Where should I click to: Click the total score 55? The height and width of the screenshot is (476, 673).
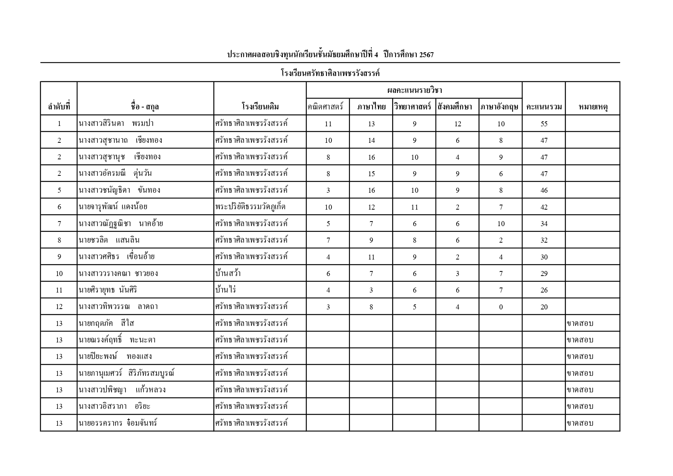coord(544,124)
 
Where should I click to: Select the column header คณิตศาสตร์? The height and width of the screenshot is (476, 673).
coord(325,107)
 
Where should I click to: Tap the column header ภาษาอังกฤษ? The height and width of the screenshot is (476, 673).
coord(500,107)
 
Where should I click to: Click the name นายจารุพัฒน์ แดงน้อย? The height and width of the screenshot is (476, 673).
coord(113,207)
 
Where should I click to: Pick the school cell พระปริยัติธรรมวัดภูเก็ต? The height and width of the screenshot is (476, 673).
coord(250,207)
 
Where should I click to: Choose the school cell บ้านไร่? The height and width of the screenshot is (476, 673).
coord(226,290)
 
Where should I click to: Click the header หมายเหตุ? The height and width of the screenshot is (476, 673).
coord(592,107)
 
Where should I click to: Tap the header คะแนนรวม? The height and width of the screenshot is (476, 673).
coord(544,107)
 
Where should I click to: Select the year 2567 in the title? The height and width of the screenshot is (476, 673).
coord(427,55)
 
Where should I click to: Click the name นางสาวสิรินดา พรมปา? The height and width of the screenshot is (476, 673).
coord(116,124)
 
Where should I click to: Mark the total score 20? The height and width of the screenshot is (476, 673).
coord(544,307)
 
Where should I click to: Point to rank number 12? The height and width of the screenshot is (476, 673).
coord(59,307)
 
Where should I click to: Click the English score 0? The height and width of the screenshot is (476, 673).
coord(501,307)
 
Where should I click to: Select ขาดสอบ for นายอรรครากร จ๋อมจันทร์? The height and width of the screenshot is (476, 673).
coord(580,423)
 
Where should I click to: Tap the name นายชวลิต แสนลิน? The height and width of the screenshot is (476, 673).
coord(109,240)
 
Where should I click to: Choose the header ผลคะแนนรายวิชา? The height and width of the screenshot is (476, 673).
coord(414,91)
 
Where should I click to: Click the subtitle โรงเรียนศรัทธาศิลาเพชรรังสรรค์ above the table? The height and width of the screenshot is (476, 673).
coord(330,73)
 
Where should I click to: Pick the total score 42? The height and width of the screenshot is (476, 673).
coord(544,207)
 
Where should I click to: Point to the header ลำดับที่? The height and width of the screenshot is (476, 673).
coord(59,107)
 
